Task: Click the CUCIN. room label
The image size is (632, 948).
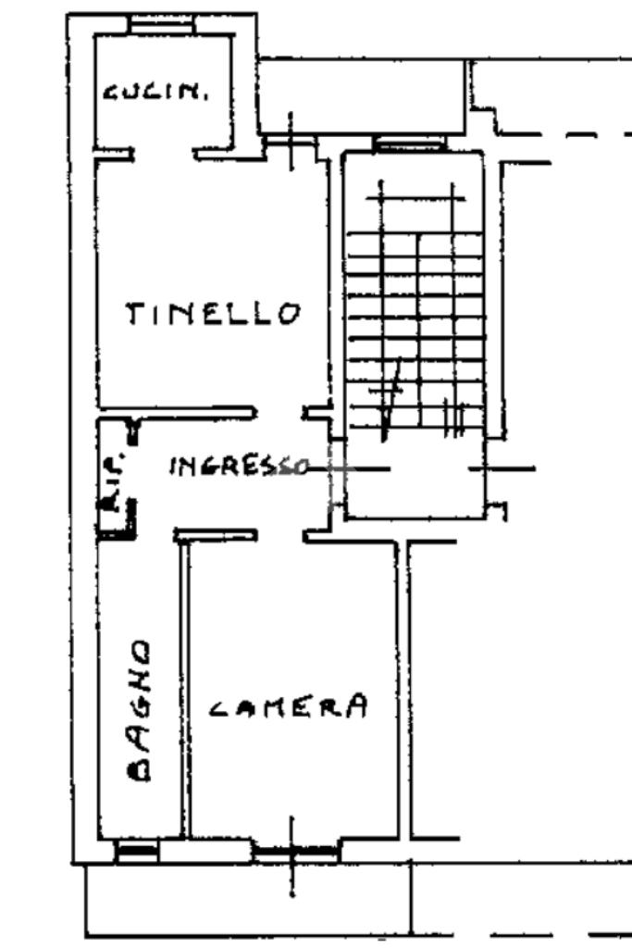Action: point(155,92)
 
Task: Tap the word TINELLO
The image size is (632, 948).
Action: point(214,314)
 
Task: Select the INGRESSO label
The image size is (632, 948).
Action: point(238,466)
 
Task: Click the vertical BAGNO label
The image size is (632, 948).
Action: point(140,709)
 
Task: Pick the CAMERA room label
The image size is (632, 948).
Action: point(287,708)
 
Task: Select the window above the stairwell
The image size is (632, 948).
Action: point(409,143)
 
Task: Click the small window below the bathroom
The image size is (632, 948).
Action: point(137,849)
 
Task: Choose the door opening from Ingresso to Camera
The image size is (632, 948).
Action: point(280,536)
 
